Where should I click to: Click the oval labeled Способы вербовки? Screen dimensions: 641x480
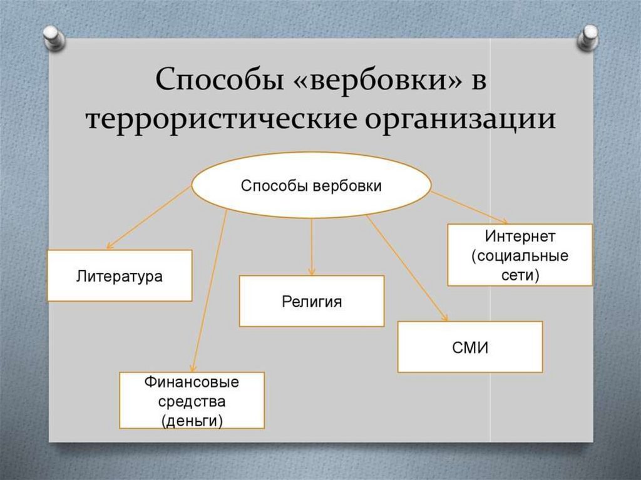tap(311, 185)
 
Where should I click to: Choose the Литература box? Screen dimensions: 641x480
tap(120, 275)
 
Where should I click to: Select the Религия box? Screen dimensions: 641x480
tap(312, 301)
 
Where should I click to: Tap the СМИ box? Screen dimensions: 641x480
tap(470, 347)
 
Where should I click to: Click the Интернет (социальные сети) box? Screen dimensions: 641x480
tap(520, 255)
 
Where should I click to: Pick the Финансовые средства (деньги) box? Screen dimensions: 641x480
tap(192, 401)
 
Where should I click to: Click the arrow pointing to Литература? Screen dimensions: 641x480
tap(149, 217)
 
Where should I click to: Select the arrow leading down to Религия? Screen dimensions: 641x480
tap(312, 247)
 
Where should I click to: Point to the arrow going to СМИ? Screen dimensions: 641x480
tap(407, 268)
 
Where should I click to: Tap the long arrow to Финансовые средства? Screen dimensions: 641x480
tap(209, 291)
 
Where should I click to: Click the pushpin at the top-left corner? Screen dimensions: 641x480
tap(54, 38)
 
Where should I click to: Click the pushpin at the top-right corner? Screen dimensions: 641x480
tap(588, 38)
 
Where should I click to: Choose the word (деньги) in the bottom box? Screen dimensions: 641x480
tap(192, 421)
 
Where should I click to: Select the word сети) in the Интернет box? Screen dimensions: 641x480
tap(520, 275)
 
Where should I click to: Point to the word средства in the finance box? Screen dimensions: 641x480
tap(192, 401)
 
